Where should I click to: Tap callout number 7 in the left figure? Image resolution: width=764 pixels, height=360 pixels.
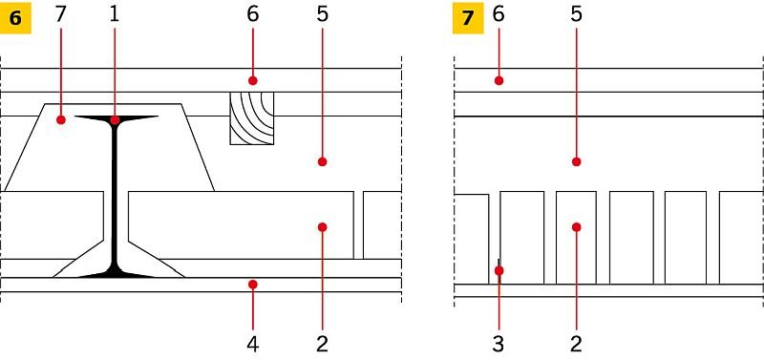point(60,14)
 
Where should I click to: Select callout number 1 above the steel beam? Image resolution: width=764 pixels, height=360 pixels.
point(115,14)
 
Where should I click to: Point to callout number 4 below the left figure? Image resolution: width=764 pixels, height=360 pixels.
point(252,344)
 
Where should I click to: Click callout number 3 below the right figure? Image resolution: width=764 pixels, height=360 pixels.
point(498,344)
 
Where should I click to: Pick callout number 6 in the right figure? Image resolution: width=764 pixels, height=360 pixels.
point(498,14)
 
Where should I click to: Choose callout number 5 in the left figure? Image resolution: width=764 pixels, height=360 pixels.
point(322,14)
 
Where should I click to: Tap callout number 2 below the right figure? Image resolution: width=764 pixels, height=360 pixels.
point(577,344)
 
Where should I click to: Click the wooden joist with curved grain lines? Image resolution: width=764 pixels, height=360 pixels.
point(252,118)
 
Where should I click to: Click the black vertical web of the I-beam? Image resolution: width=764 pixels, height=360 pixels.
point(115,195)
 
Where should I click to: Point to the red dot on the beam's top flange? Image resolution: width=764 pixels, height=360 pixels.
point(115,119)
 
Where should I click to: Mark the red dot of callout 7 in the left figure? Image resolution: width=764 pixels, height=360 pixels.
point(60,119)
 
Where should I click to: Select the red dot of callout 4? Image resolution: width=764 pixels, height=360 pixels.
point(252,284)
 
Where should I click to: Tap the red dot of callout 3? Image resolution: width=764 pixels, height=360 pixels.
point(499,270)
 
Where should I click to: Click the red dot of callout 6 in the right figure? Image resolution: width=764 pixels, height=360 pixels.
point(499,80)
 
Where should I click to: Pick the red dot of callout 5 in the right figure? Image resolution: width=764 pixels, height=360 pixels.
point(577,161)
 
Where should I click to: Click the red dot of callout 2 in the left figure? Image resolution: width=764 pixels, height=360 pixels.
point(322,227)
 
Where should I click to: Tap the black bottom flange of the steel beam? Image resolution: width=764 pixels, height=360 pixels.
point(116,274)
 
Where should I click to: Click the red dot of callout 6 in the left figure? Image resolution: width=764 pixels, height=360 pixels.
point(252,80)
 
